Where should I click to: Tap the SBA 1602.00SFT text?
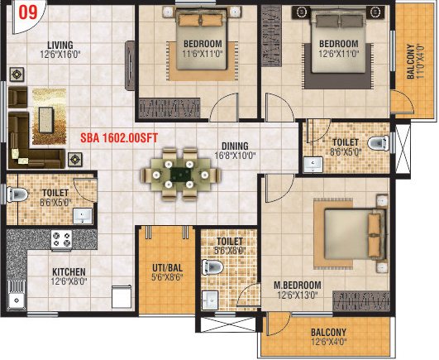coord(120,139)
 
